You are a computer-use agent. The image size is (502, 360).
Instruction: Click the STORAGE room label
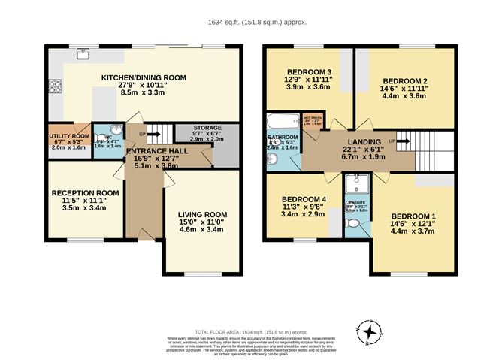(207, 129)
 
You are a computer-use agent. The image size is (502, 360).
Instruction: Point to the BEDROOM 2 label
(405, 80)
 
